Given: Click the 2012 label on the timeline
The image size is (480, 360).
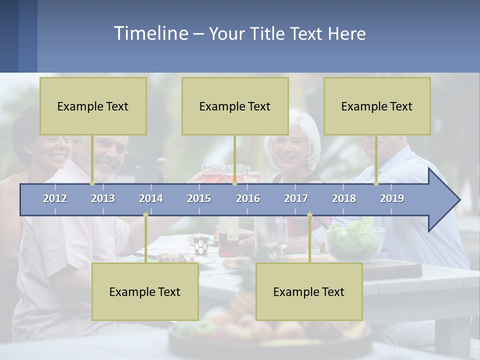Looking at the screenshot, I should (55, 198).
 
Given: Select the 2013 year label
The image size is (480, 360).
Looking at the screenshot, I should (103, 198).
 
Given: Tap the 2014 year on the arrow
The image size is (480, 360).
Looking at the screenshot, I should (151, 198).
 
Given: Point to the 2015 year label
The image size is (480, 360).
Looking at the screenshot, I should (199, 198).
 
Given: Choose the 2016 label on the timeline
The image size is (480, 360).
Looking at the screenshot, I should (248, 198).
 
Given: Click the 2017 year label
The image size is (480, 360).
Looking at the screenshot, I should (296, 198).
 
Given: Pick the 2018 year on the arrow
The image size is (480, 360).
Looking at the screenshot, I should (344, 198).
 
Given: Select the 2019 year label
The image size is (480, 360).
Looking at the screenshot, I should (392, 198).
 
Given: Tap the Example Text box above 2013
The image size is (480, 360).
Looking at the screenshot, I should (93, 106).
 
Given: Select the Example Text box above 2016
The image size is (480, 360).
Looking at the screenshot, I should (235, 106).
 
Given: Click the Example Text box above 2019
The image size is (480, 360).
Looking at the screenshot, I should (377, 106).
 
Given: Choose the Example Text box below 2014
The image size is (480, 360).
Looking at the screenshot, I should (145, 291).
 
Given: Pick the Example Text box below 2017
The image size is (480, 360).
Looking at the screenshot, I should (309, 291).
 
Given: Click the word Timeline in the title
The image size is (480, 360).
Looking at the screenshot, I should (150, 33).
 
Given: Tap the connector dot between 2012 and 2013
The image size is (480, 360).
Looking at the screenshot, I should (92, 183).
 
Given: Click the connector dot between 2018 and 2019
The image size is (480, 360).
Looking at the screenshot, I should (376, 183).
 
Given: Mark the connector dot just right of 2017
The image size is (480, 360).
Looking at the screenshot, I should (309, 215).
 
